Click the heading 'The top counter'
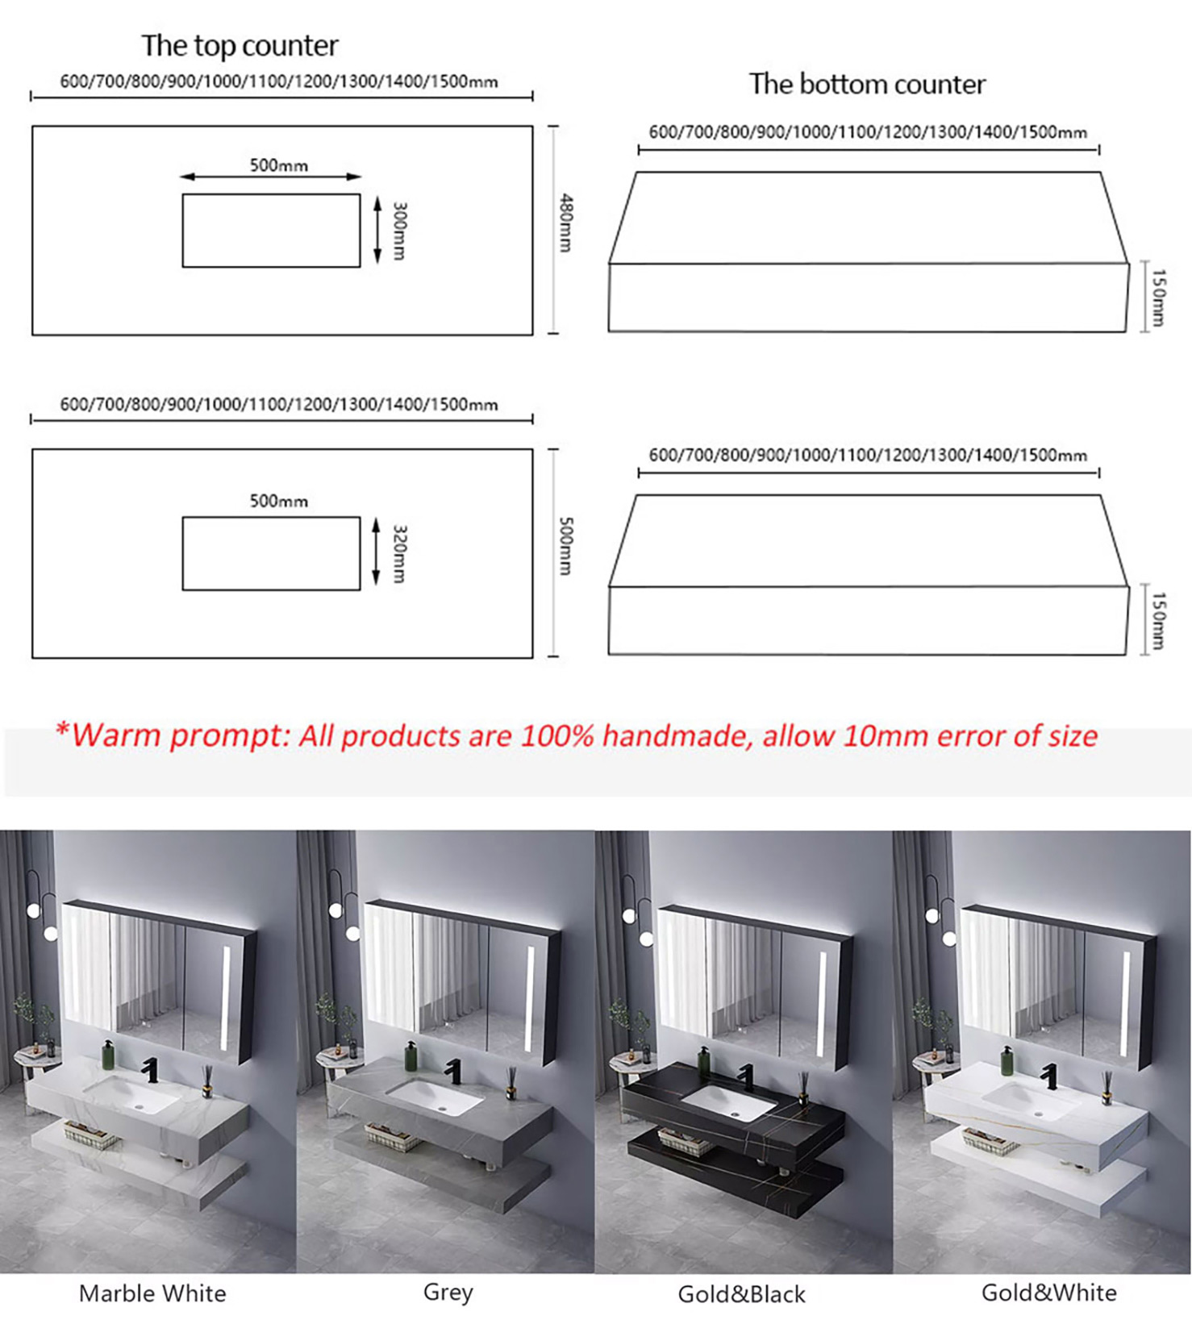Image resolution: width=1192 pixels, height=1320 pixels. coord(240,46)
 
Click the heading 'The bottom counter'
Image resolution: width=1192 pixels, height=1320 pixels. coord(867,84)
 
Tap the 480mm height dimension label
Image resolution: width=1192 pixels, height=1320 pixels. coord(565,223)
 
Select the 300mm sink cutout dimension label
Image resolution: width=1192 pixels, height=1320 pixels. coord(399,231)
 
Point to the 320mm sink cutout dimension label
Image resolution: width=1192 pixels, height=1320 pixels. coord(399,553)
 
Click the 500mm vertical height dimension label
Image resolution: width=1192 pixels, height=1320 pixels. coord(565,546)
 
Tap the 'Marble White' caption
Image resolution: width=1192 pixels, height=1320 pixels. coord(152,1293)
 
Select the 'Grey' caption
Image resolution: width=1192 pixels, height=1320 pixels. coord(448,1293)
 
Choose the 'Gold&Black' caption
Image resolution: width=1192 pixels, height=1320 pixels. coord(741,1294)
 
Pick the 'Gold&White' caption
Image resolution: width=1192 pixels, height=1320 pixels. coord(1048,1293)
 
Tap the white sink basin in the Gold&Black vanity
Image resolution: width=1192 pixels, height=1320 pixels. coord(729,1101)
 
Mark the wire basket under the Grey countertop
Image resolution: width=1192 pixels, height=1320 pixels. coord(392,1139)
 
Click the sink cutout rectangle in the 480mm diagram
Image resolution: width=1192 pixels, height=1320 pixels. coord(271,231)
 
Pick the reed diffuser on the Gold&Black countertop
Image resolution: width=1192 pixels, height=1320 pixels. coord(803,1089)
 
